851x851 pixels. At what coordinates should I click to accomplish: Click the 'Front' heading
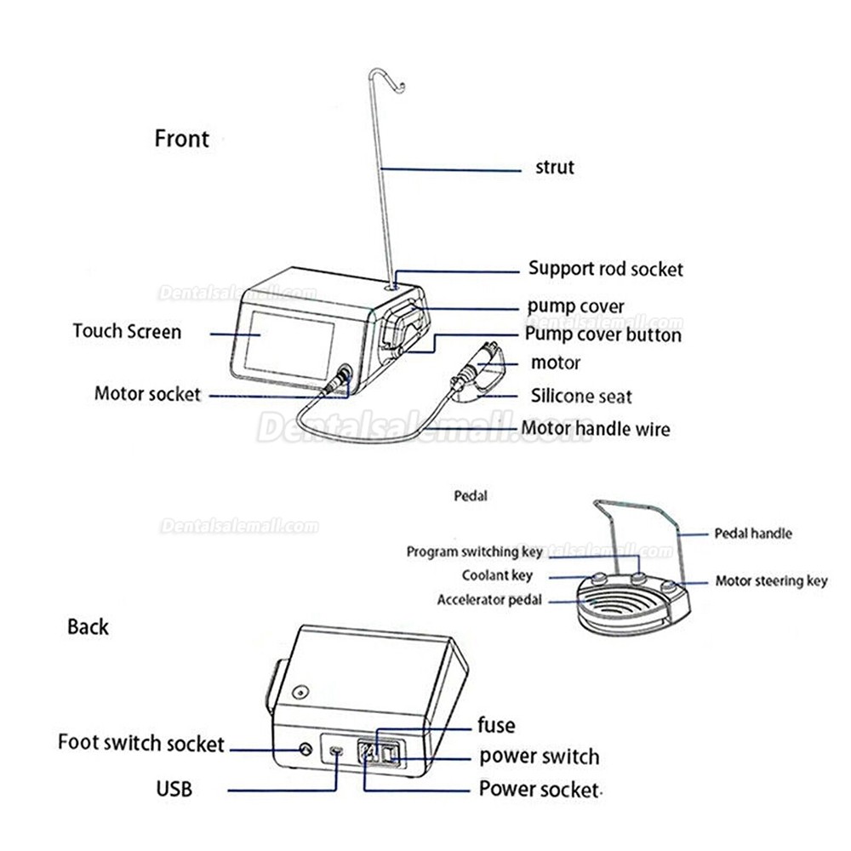182,139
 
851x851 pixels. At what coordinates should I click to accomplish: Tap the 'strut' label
555,167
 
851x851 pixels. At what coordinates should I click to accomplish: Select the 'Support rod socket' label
606,269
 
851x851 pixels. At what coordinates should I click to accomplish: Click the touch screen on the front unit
288,346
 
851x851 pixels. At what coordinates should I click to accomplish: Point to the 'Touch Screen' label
127,331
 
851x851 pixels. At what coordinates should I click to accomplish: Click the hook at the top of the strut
386,77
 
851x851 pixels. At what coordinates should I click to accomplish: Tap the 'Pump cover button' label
603,334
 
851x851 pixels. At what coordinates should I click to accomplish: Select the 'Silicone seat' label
581,397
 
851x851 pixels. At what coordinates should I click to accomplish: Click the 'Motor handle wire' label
596,429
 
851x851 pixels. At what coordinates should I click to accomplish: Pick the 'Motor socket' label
147,393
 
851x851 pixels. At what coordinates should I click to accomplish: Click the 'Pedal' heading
471,495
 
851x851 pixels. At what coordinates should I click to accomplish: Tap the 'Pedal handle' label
753,534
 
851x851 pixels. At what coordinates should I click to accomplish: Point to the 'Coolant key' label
497,575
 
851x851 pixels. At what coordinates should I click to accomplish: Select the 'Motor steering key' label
771,581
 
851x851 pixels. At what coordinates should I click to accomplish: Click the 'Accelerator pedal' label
489,600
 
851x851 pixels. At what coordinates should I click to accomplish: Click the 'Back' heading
88,627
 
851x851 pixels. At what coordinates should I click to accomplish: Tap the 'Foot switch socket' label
141,743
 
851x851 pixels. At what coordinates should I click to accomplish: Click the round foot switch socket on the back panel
306,750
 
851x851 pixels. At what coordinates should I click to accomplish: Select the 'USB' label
174,789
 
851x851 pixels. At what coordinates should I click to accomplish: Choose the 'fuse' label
496,725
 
